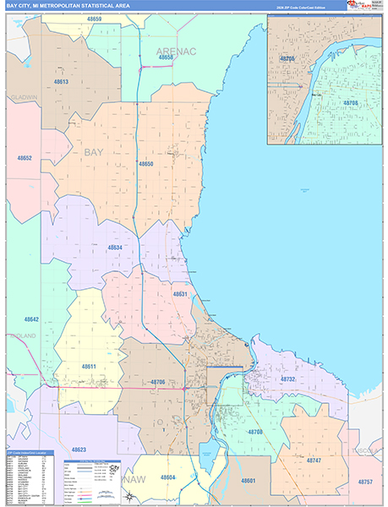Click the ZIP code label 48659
tap(94, 19)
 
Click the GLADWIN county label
tap(23, 97)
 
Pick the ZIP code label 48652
tap(23, 158)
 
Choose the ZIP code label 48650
tap(146, 163)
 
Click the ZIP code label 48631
tap(179, 293)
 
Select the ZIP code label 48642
tap(31, 319)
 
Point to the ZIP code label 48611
tap(89, 366)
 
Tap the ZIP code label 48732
tap(287, 380)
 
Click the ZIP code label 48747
tap(314, 460)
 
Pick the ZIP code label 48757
tap(364, 481)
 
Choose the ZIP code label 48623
tap(79, 450)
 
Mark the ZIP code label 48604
tap(167, 477)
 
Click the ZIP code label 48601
tap(248, 480)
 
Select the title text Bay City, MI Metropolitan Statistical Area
tap(76, 6)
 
